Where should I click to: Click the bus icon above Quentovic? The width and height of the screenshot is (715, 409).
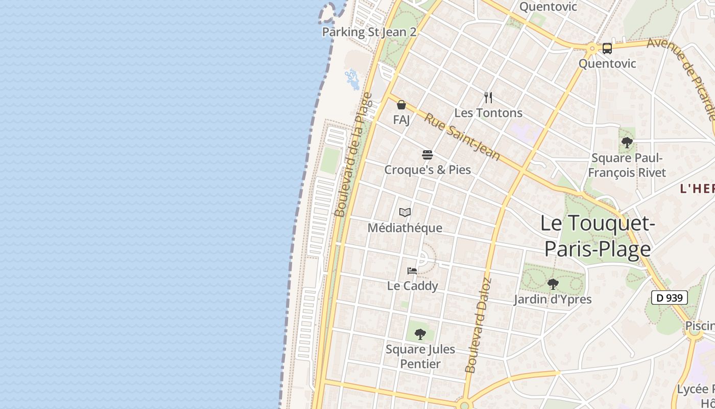click(x=607, y=49)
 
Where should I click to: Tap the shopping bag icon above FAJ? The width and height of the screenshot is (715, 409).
click(x=401, y=105)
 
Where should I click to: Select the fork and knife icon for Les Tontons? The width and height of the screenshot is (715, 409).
click(x=488, y=97)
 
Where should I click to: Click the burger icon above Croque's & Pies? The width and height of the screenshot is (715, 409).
click(x=427, y=154)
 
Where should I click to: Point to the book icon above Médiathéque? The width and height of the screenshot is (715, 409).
click(x=405, y=212)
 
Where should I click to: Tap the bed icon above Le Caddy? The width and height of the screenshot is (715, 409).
click(x=412, y=270)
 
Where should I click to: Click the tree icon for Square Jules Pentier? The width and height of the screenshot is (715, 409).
click(x=420, y=334)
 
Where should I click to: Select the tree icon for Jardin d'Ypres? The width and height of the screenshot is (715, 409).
click(x=553, y=284)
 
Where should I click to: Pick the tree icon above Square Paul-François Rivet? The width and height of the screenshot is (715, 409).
click(x=627, y=143)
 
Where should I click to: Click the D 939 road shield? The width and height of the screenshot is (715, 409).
click(x=670, y=298)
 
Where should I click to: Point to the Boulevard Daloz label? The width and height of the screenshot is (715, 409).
click(x=478, y=325)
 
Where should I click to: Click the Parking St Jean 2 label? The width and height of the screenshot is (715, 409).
click(x=369, y=32)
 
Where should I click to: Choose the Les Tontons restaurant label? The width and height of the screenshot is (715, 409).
click(x=488, y=113)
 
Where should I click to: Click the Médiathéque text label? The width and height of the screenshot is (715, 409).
click(x=405, y=228)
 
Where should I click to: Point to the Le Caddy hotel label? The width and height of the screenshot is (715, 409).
click(x=412, y=286)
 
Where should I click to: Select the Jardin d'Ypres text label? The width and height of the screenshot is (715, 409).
click(x=553, y=299)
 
